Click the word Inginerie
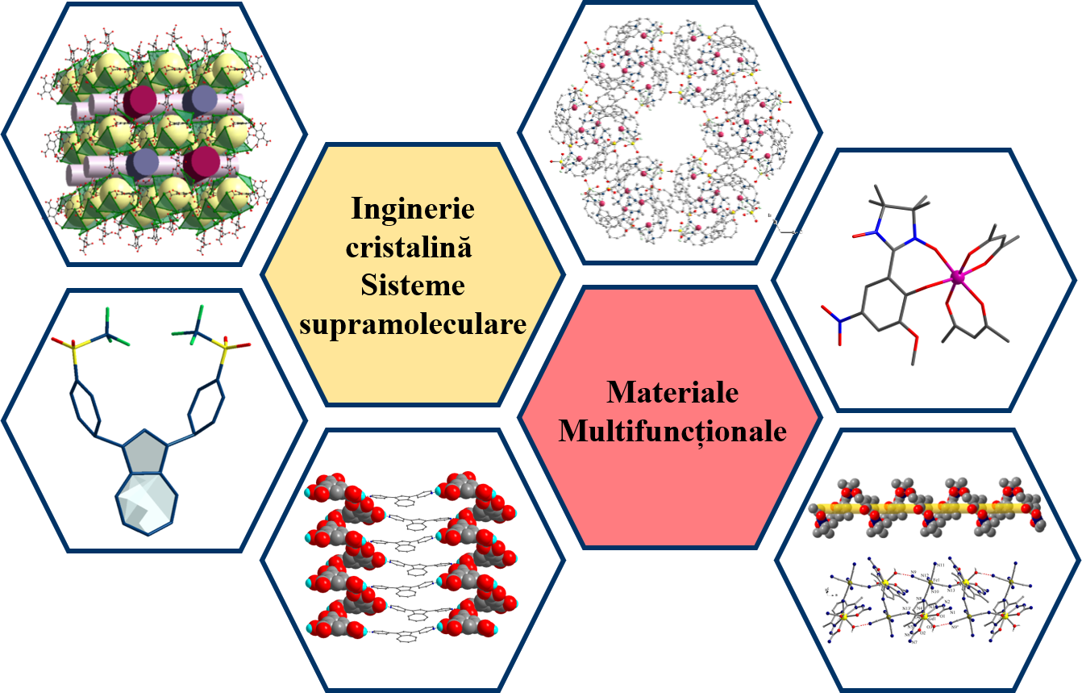pos(413,208)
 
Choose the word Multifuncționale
pos(672,431)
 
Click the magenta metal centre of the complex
pos(958,278)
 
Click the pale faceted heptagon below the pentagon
pos(146,503)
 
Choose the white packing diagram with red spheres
pos(411,557)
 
